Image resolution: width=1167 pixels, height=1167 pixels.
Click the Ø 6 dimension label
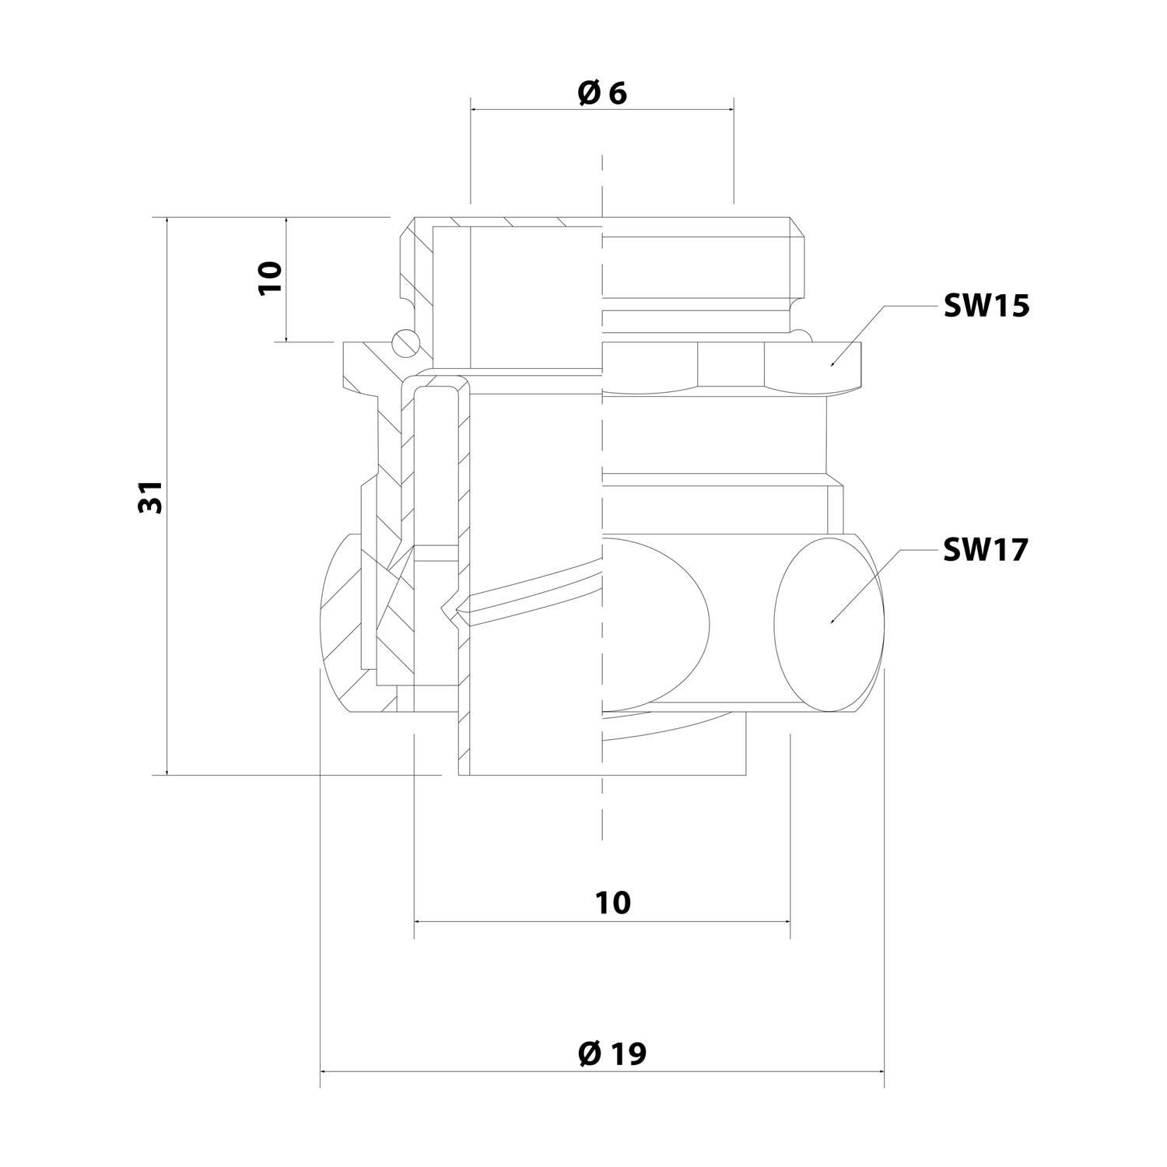(x=602, y=93)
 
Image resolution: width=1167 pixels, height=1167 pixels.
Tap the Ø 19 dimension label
(x=612, y=1054)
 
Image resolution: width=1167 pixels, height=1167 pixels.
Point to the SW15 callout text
(x=987, y=307)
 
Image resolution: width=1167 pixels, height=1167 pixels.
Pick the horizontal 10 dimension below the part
(x=613, y=903)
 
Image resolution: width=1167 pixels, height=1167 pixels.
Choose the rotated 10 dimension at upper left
(x=270, y=278)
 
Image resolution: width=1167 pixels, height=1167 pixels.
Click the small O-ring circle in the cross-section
(x=406, y=342)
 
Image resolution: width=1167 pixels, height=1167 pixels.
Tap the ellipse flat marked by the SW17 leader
(x=831, y=622)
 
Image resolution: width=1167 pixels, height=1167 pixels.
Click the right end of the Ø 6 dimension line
(x=733, y=109)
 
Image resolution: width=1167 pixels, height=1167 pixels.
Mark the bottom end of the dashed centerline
(x=602, y=840)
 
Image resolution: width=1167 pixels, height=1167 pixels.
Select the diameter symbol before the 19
(x=589, y=1054)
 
